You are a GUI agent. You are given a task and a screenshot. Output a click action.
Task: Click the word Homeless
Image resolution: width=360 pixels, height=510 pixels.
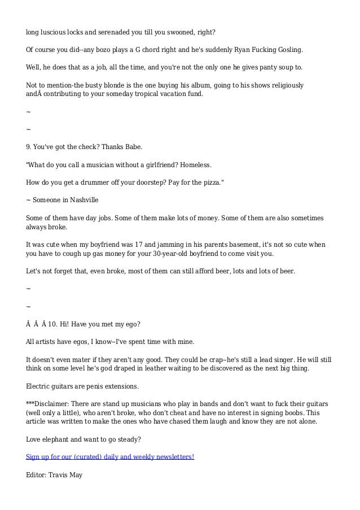click(x=195, y=165)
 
